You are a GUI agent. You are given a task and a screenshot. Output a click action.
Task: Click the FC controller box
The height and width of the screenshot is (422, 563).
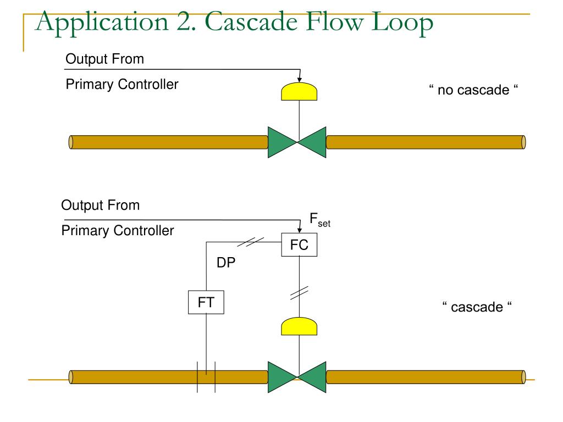tap(299, 245)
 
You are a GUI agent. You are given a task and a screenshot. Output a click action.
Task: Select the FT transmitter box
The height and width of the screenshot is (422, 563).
tap(206, 302)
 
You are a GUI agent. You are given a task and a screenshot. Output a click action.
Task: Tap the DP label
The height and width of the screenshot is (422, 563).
tap(226, 263)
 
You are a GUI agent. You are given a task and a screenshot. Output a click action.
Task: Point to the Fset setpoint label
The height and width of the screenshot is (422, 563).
tap(319, 220)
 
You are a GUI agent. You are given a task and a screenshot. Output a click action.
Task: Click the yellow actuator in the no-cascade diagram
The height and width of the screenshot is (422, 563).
tap(299, 92)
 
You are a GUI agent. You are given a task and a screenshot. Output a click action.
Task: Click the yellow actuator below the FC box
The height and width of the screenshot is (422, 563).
tap(299, 326)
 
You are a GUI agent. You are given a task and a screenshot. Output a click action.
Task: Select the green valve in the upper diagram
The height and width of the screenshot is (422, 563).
tap(297, 142)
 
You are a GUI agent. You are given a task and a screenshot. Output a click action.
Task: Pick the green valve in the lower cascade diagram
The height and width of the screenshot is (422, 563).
tap(297, 377)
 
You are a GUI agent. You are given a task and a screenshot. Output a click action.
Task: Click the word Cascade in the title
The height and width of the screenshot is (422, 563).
tap(251, 21)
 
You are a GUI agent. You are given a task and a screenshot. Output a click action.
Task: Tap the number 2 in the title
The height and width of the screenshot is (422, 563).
tap(186, 22)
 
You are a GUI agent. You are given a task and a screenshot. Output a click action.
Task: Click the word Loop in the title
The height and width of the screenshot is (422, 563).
tap(402, 24)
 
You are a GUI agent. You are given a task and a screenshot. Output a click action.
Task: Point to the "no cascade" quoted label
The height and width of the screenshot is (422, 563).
tap(473, 90)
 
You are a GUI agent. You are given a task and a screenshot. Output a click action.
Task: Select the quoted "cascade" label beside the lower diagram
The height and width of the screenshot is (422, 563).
tap(477, 307)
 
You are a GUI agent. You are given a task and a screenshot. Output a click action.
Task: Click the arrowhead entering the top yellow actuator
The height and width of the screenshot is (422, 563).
tap(300, 80)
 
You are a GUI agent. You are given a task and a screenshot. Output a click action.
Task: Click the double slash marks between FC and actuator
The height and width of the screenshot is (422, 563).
tap(299, 293)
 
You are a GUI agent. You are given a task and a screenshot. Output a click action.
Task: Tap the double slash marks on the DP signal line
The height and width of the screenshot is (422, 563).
tap(251, 242)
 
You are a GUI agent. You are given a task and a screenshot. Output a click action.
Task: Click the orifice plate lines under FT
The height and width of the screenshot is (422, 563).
tap(206, 377)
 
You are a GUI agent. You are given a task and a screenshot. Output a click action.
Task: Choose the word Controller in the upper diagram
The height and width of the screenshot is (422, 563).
tap(148, 84)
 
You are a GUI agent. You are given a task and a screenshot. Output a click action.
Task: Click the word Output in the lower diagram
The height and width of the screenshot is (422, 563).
tap(82, 206)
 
